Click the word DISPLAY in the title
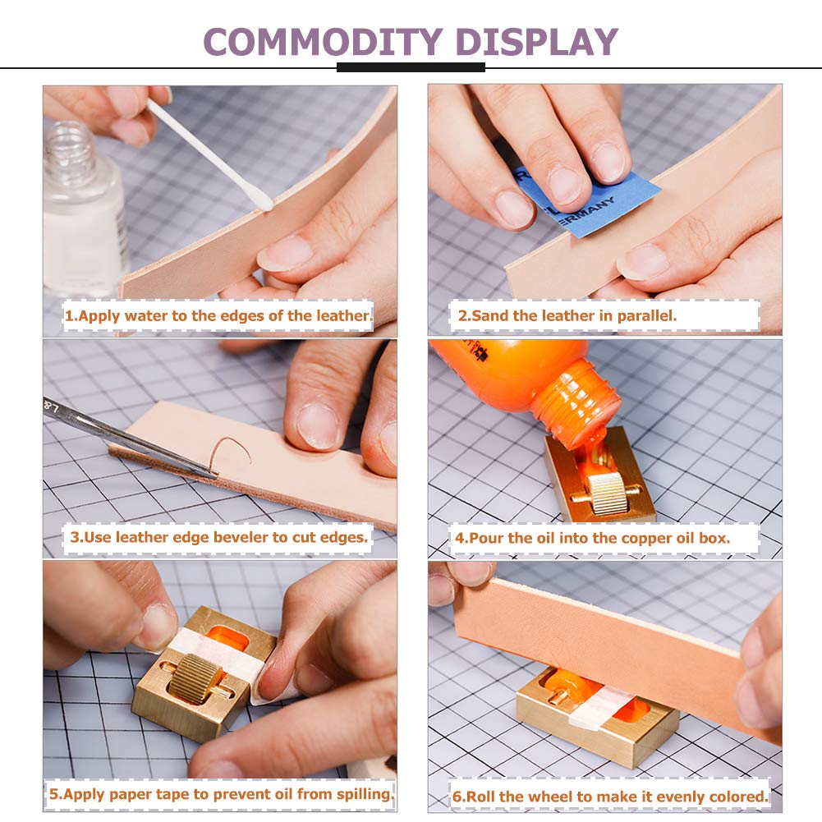click(537, 41)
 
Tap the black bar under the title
click(411, 67)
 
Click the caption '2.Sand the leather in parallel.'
click(567, 315)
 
